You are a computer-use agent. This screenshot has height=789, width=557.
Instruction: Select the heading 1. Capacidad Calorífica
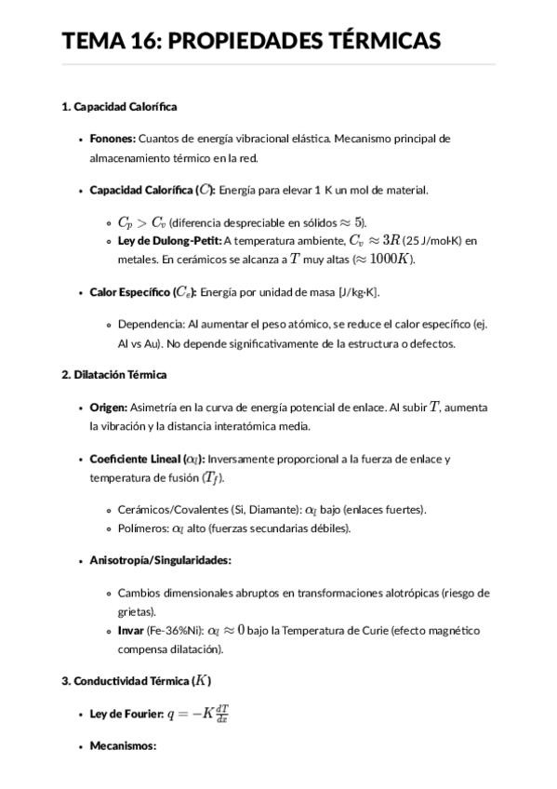click(119, 107)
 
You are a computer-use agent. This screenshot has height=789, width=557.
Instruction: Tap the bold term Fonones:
click(113, 139)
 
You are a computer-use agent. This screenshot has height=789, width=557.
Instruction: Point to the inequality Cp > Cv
click(141, 222)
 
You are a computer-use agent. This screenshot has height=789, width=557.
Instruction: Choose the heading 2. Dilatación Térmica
click(113, 375)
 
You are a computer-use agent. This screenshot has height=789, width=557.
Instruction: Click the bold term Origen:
click(109, 408)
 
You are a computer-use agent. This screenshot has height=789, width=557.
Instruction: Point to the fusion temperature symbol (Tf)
click(213, 478)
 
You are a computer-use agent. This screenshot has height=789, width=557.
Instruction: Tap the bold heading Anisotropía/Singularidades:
click(160, 560)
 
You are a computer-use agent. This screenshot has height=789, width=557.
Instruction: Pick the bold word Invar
click(131, 631)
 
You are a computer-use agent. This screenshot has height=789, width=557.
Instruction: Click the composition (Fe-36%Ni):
click(176, 631)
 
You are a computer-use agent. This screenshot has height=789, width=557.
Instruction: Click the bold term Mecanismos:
click(123, 746)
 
